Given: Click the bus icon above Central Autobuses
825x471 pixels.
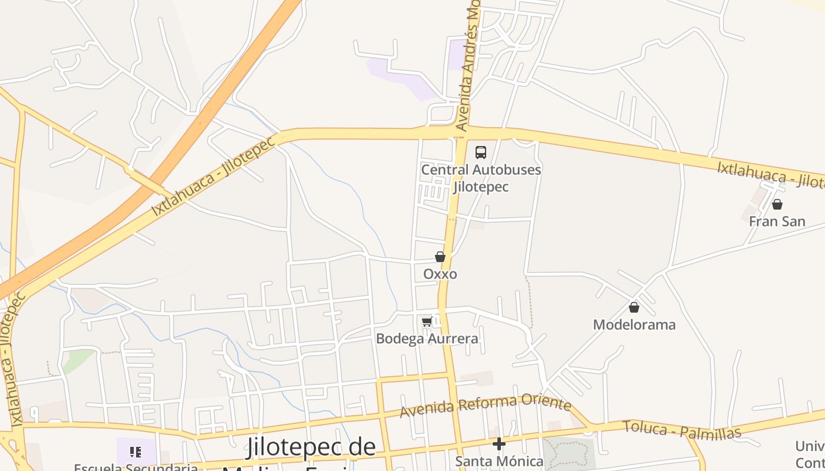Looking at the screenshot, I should pyautogui.click(x=481, y=152).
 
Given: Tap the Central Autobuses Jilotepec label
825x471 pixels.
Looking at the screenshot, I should pyautogui.click(x=481, y=178).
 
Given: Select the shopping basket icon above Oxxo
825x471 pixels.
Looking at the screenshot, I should pyautogui.click(x=440, y=257).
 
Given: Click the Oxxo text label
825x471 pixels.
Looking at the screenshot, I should pyautogui.click(x=440, y=274).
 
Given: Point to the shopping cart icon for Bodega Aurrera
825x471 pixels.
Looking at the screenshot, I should pyautogui.click(x=427, y=321).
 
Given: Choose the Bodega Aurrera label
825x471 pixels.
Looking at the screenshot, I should pyautogui.click(x=427, y=339).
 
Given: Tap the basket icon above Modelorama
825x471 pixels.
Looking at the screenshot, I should pyautogui.click(x=634, y=307).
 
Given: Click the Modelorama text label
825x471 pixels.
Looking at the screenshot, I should pyautogui.click(x=634, y=325).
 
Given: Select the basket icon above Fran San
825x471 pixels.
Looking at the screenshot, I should pyautogui.click(x=777, y=204).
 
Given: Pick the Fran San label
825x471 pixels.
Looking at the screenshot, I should pyautogui.click(x=777, y=222).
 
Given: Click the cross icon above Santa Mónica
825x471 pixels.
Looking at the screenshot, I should pyautogui.click(x=499, y=443).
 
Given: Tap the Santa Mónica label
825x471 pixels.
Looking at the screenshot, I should pyautogui.click(x=499, y=461).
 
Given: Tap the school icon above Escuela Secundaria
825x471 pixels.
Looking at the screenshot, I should pyautogui.click(x=136, y=452).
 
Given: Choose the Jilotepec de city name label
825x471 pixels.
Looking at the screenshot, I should pyautogui.click(x=311, y=447).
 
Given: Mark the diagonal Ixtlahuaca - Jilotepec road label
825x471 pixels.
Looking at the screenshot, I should pyautogui.click(x=213, y=177).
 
